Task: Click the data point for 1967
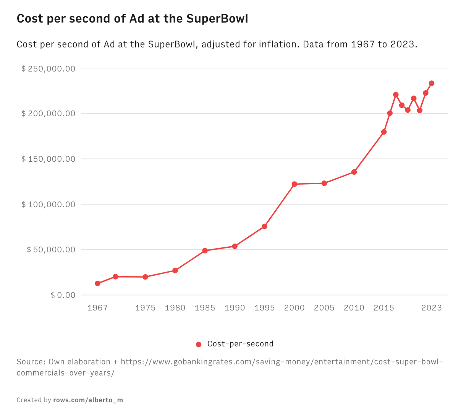[x=98, y=283]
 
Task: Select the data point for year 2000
[x=294, y=184]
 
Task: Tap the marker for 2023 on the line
[x=432, y=83]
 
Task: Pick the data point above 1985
[x=205, y=250]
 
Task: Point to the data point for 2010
[x=354, y=172]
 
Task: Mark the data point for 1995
[x=265, y=226]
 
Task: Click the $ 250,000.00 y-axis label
[x=49, y=68]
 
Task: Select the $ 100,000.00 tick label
[x=49, y=204]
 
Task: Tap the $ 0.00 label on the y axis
[x=63, y=295]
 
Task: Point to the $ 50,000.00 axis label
[x=51, y=250]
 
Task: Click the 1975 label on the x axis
[x=146, y=308]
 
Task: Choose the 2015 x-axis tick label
[x=384, y=308]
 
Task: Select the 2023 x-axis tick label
[x=432, y=308]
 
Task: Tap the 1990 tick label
[x=235, y=308]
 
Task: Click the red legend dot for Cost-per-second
[x=199, y=344]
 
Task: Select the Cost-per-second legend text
[x=240, y=344]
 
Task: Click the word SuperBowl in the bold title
[x=217, y=18]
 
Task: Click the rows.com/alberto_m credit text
[x=88, y=400]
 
